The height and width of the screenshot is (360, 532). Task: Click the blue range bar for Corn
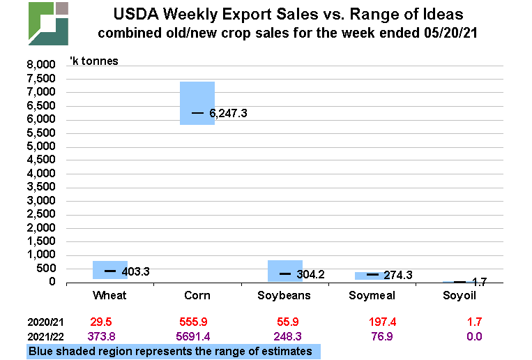[x=197, y=103]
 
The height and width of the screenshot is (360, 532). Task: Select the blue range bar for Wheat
[x=110, y=270]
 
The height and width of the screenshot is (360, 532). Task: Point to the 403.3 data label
[x=135, y=271]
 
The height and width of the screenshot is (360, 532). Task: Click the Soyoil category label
[x=460, y=296]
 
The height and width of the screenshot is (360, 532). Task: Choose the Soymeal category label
[x=372, y=296]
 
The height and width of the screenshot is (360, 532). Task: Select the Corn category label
[x=197, y=296]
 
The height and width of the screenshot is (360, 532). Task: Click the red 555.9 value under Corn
[x=197, y=323]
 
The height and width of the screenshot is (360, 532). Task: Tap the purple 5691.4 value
[x=197, y=338]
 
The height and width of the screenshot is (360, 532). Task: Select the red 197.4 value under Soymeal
[x=372, y=323]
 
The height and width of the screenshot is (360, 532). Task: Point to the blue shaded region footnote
[x=173, y=352]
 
